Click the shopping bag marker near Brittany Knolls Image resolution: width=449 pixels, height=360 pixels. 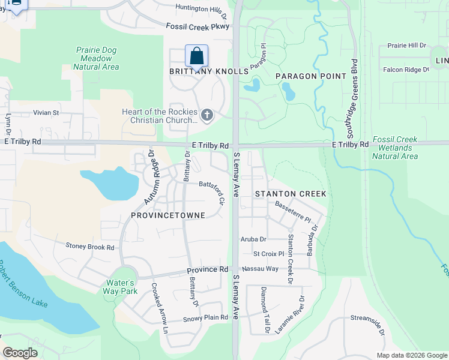click(x=196, y=56)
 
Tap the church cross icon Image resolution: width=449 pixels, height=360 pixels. click(x=207, y=115)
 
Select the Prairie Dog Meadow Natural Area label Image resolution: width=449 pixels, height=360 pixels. click(x=96, y=59)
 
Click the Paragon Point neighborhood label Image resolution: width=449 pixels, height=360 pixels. click(x=311, y=76)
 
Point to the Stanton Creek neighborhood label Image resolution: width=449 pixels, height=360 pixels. click(x=291, y=194)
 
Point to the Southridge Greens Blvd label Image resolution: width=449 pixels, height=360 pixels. click(x=355, y=96)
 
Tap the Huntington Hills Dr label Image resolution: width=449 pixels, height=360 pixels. click(x=202, y=9)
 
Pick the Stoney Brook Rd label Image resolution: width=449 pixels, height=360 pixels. click(x=90, y=247)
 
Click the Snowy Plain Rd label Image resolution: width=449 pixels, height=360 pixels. click(x=206, y=318)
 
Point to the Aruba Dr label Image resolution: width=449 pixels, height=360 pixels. click(x=253, y=239)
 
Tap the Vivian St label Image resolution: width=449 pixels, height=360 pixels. click(x=46, y=112)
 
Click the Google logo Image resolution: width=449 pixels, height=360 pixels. click(x=20, y=353)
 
